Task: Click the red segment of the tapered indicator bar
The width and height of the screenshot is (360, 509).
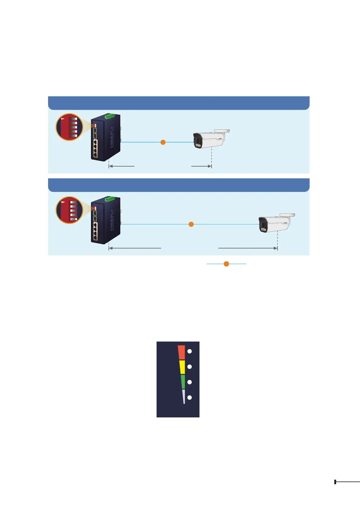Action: tap(181, 352)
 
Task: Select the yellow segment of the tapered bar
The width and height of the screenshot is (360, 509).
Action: tap(182, 367)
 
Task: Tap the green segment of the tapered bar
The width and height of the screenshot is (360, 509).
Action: tap(183, 382)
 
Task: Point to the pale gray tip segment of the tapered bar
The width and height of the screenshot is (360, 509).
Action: tap(183, 396)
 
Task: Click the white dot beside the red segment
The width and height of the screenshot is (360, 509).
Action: tap(190, 351)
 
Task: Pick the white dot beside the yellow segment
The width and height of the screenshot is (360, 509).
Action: tap(190, 367)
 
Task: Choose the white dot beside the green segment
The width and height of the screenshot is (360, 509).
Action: tap(190, 382)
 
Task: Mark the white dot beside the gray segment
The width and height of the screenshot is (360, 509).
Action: tap(190, 397)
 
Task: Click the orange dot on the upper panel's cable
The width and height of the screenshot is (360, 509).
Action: tap(163, 142)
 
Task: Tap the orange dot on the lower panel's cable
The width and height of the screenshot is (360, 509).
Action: tap(191, 224)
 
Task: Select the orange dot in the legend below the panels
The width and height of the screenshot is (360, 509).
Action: tap(226, 264)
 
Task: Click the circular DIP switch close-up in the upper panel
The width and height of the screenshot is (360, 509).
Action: tap(69, 127)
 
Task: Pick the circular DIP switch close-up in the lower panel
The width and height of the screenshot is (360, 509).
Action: tap(69, 210)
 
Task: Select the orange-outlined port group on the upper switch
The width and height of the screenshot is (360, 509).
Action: tap(95, 149)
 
